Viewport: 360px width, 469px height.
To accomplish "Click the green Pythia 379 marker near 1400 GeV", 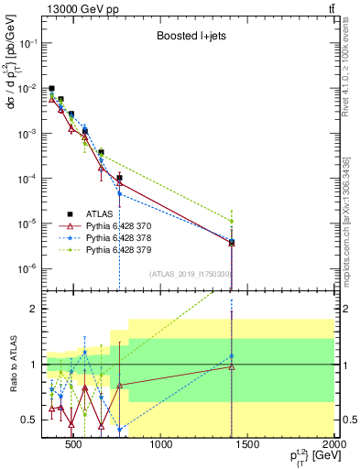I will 232,221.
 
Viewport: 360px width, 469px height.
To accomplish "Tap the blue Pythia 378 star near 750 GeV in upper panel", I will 119,194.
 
